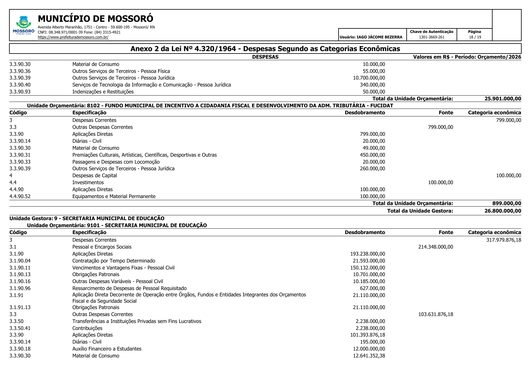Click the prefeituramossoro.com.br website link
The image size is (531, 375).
click(x=73, y=37)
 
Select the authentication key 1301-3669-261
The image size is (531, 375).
click(x=431, y=37)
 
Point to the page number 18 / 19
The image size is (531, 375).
click(x=475, y=37)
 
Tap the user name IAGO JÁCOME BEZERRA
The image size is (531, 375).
click(x=371, y=37)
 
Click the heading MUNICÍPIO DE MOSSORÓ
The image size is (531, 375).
click(x=95, y=19)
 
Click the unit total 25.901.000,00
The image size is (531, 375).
click(x=503, y=99)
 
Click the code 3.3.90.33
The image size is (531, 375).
click(x=20, y=162)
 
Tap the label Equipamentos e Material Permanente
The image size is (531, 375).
click(x=114, y=197)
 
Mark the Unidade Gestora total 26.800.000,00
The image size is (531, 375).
click(x=503, y=211)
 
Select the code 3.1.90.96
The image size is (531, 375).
click(x=20, y=289)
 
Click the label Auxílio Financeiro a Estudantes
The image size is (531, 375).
click(x=107, y=349)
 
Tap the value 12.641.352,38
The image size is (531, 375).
click(x=369, y=356)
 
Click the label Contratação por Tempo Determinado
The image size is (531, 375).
click(x=113, y=261)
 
